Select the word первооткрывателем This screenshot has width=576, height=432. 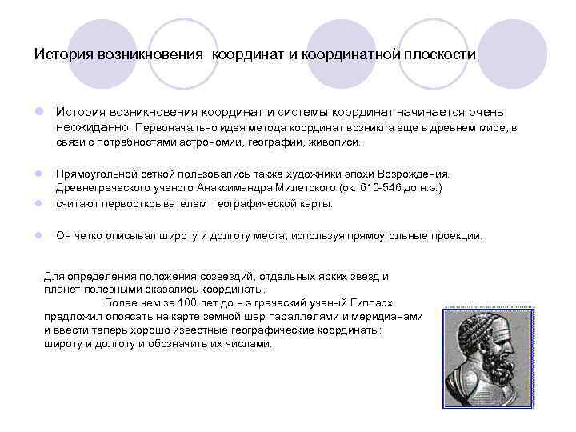153,203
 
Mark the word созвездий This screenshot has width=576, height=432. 212,276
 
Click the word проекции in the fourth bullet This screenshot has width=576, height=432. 456,236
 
